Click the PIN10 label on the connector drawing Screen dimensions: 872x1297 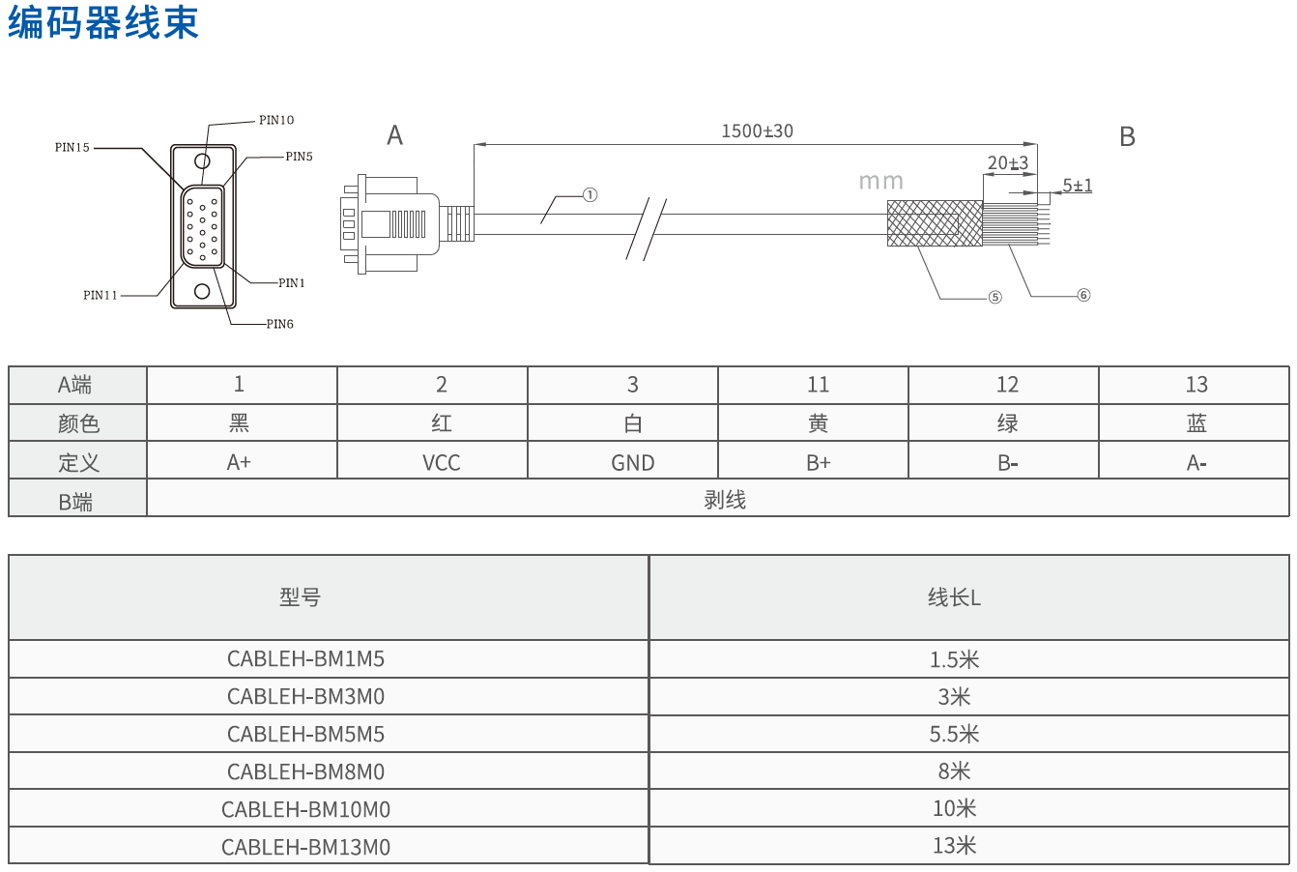tap(275, 121)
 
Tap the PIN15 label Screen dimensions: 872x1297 tap(72, 148)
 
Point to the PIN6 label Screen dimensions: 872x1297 tap(279, 324)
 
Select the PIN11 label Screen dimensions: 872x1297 tap(101, 295)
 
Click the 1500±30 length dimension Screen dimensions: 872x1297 tap(757, 131)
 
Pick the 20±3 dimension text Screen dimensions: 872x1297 tap(1007, 164)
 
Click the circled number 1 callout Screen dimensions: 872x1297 tap(590, 195)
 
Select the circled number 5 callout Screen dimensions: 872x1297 tap(994, 298)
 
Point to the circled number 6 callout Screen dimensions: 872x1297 tap(1083, 295)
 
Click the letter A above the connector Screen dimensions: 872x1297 tap(394, 136)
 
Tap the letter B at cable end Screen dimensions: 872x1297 tap(1127, 137)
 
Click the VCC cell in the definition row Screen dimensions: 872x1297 tap(441, 462)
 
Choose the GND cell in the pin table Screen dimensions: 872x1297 tap(632, 462)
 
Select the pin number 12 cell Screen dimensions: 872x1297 tap(1007, 385)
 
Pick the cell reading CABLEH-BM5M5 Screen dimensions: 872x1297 tap(305, 734)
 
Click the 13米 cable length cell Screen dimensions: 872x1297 tap(954, 846)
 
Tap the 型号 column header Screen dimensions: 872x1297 tap(300, 597)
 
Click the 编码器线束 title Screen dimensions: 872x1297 tap(103, 23)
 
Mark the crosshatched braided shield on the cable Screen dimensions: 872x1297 tap(934, 223)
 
